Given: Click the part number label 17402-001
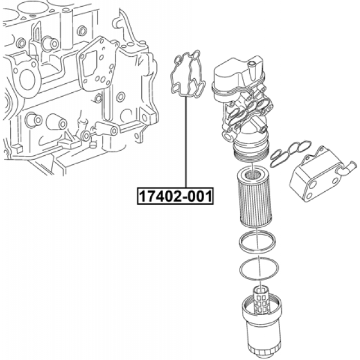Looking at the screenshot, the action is (x=175, y=196).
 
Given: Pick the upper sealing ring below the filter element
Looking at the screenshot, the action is (x=257, y=242).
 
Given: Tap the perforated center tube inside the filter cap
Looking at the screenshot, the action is (x=260, y=300).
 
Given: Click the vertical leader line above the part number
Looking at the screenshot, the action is (x=186, y=142).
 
